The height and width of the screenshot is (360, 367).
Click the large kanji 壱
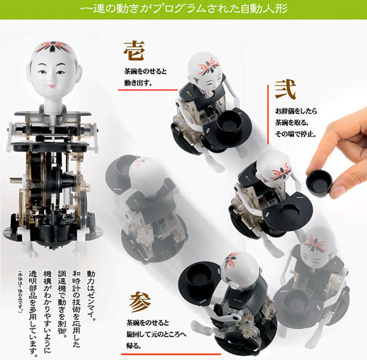(x=135, y=50)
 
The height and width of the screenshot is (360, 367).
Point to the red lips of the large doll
(x=50, y=88)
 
